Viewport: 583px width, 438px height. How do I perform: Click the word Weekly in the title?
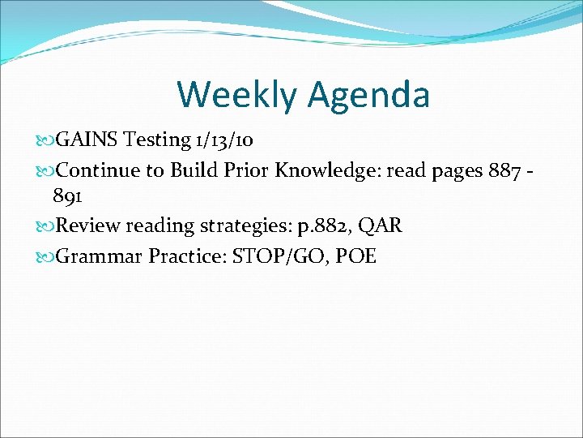[236, 94]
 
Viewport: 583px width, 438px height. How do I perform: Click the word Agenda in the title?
[368, 94]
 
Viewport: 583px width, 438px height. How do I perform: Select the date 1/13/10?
[224, 140]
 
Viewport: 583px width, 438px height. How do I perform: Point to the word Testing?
[158, 140]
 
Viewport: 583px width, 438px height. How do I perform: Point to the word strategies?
[244, 226]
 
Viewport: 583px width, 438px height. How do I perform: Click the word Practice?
[185, 256]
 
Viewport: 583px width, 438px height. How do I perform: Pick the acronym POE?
[355, 256]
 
